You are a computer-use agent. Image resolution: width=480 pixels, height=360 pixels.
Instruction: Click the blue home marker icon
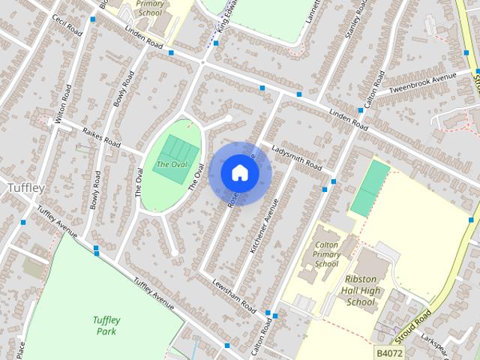(x=240, y=173)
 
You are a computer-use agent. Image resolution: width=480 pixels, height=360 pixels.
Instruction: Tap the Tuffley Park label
(x=107, y=325)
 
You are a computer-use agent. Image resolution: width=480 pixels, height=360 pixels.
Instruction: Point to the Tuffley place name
(x=25, y=187)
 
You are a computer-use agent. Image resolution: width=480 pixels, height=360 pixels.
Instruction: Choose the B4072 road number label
(x=389, y=352)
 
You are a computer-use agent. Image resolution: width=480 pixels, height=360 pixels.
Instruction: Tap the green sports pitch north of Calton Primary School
(x=370, y=189)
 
